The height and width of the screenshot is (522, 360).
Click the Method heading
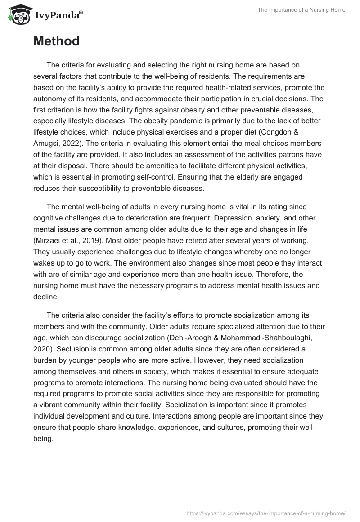(x=56, y=41)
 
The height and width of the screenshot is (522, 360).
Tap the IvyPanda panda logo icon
(x=17, y=15)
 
